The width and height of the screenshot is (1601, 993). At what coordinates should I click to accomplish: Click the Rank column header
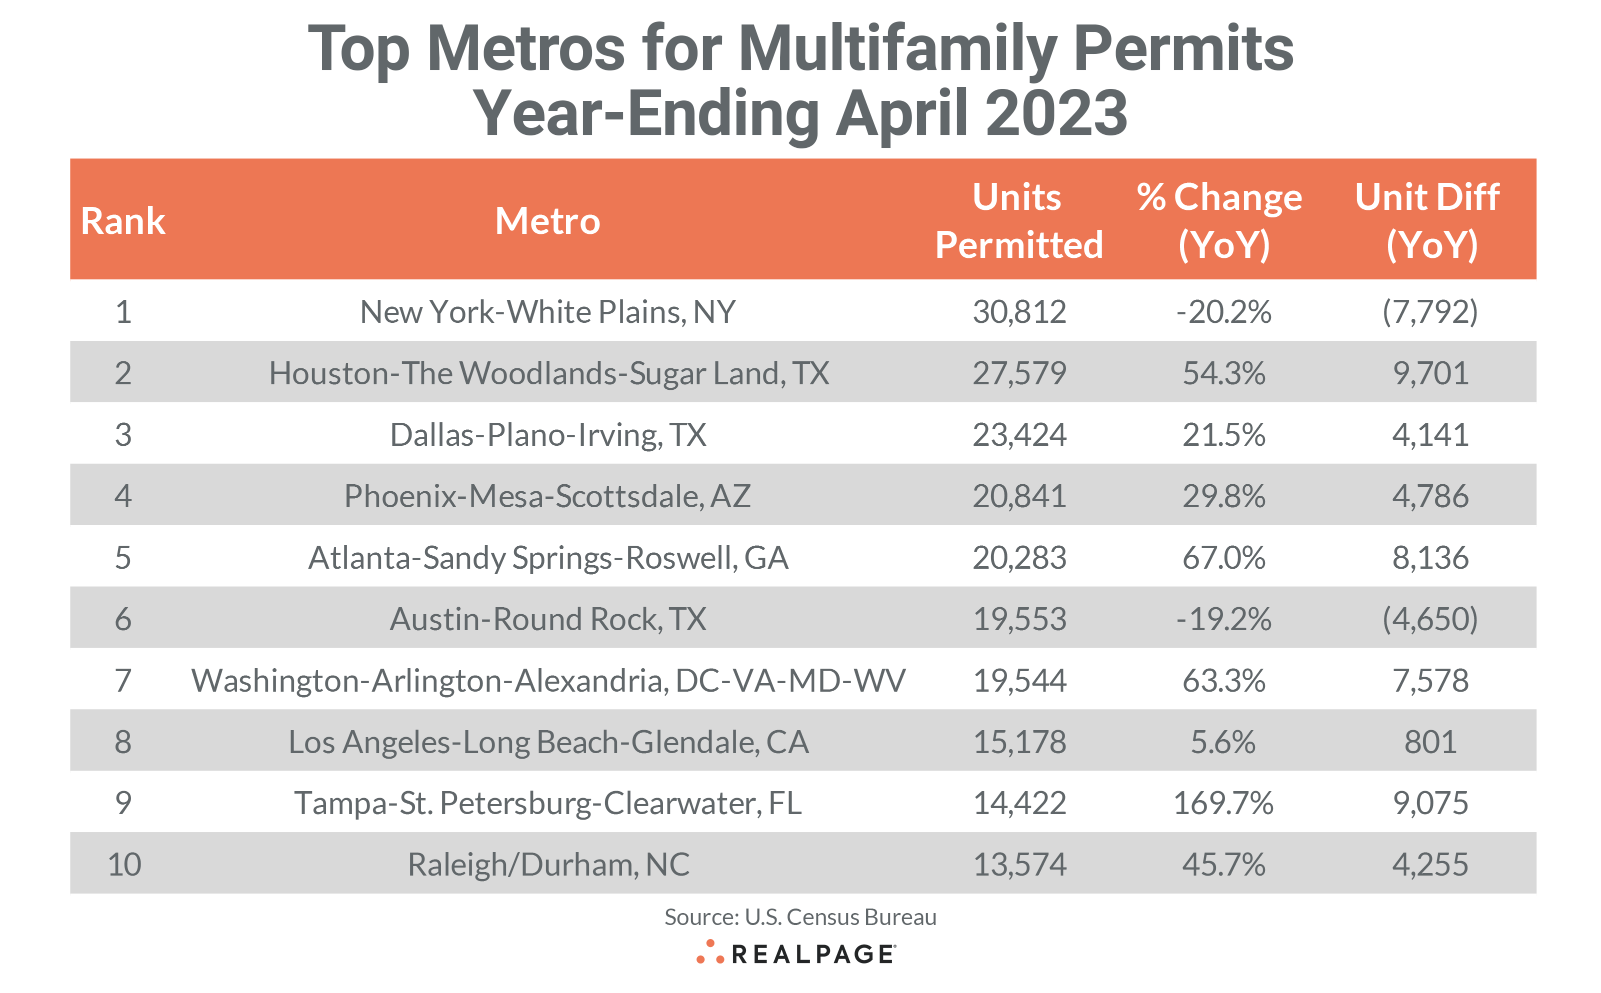123,221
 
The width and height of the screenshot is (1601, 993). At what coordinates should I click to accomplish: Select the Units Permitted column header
1018,221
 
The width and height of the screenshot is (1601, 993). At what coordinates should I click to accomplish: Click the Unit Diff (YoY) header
1429,221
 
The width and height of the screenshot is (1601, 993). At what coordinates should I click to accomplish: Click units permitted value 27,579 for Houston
1019,373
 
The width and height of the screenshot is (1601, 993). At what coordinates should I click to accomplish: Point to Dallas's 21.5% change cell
1223,435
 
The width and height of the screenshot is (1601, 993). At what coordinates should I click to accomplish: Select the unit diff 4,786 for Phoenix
1429,496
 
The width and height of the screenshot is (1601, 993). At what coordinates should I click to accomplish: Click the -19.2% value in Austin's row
1223,619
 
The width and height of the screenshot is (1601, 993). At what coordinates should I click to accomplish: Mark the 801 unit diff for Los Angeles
1429,742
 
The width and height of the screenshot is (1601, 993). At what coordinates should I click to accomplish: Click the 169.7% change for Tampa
1223,803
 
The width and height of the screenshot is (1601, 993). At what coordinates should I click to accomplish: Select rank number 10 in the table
124,864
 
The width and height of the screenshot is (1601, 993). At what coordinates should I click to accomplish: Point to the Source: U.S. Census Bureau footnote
799,917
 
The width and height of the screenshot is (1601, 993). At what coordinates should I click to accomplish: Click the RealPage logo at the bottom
796,954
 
